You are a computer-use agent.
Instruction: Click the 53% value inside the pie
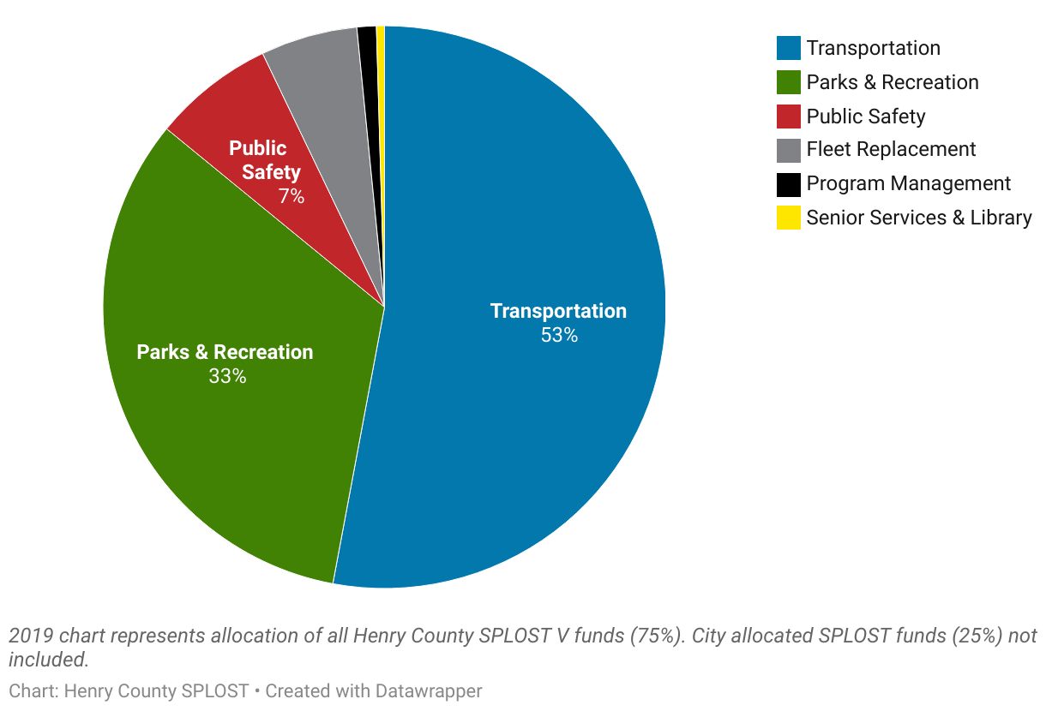coord(559,336)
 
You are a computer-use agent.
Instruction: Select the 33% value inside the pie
coord(227,376)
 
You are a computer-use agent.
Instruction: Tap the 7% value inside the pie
coord(291,196)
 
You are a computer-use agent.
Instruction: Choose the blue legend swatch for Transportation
coord(789,48)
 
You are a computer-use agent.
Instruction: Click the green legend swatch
coord(789,82)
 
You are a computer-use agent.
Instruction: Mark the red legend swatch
coord(789,116)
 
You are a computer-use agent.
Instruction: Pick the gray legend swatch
coord(789,150)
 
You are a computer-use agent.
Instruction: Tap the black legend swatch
coord(789,184)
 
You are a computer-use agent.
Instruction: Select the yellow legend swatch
coord(789,218)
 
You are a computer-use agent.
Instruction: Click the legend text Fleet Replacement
coord(891,150)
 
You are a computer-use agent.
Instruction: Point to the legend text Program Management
coord(908,184)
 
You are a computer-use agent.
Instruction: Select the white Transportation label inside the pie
coord(558,311)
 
